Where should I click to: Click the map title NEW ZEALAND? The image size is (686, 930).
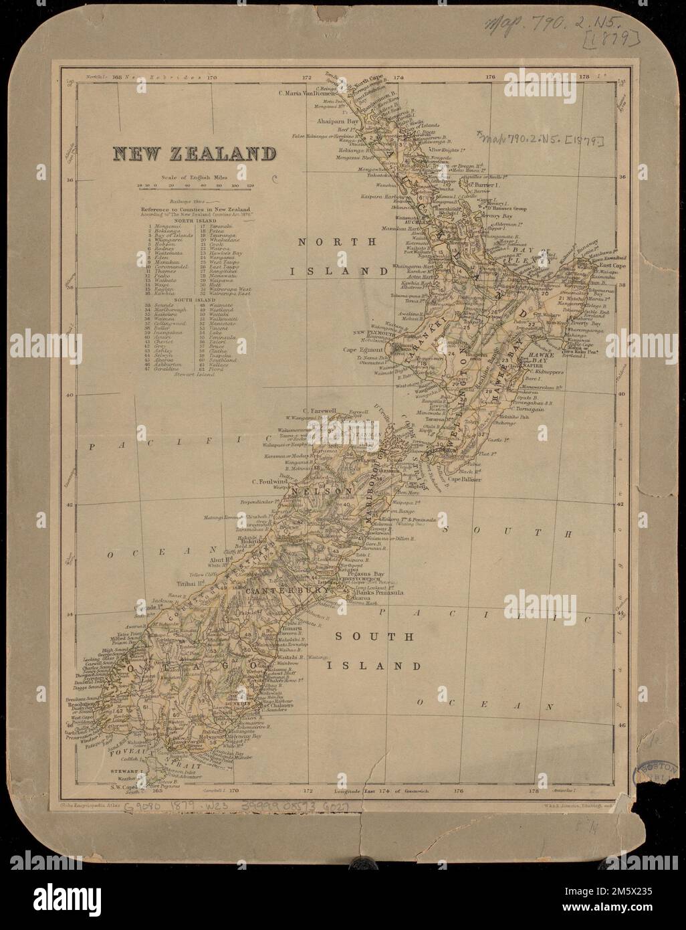tap(194, 154)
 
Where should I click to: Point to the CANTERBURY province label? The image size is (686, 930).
tap(286, 591)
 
